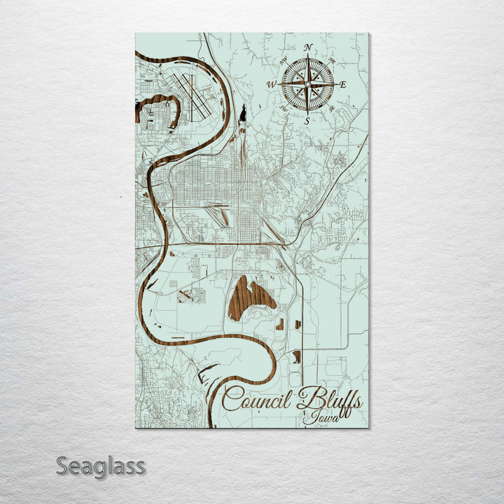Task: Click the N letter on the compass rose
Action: pos(307,48)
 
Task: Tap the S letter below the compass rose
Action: pos(307,120)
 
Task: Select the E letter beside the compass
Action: pos(342,85)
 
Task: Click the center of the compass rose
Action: pos(307,84)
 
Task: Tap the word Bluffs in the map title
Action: pos(329,400)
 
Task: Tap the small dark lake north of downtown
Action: pos(243,112)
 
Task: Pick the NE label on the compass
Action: pos(331,61)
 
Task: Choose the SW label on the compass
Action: pos(283,108)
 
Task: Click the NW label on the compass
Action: pos(283,61)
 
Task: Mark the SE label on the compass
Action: pos(331,108)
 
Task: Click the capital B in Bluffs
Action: pos(306,399)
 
